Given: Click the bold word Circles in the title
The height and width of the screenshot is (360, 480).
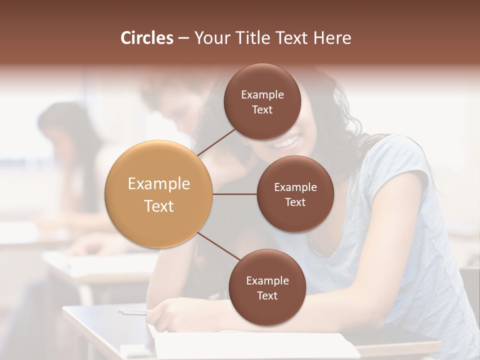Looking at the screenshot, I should (146, 38).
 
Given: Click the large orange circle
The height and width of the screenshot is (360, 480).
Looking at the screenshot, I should (159, 194).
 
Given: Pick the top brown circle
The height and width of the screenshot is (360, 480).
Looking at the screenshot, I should (262, 102).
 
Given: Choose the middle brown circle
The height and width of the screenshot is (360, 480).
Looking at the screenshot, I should (295, 194).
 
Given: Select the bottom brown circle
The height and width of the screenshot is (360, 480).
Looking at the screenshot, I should (267, 287).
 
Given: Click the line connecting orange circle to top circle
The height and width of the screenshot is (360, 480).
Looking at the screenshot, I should (216, 141).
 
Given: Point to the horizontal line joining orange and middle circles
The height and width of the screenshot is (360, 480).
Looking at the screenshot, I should (234, 194).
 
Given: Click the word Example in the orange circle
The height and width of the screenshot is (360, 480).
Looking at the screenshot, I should (159, 184).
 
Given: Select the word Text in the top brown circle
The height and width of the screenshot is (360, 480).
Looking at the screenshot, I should (262, 110).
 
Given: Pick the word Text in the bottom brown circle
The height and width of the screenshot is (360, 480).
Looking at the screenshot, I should (267, 295).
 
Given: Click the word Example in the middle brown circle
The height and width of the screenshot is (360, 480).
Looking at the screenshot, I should (295, 187).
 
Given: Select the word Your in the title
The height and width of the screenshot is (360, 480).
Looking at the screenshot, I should (210, 38).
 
